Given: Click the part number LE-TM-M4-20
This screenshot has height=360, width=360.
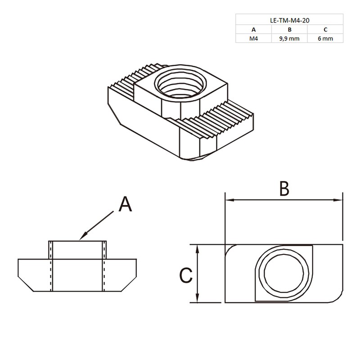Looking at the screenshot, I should coord(289,20).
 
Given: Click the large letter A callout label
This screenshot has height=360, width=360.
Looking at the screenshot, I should coord(126,205).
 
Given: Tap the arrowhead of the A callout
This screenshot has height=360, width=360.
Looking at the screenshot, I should coord(81,237).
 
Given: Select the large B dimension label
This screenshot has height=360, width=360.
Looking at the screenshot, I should coord(283,189).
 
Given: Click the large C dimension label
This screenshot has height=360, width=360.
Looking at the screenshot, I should coord(186,275).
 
